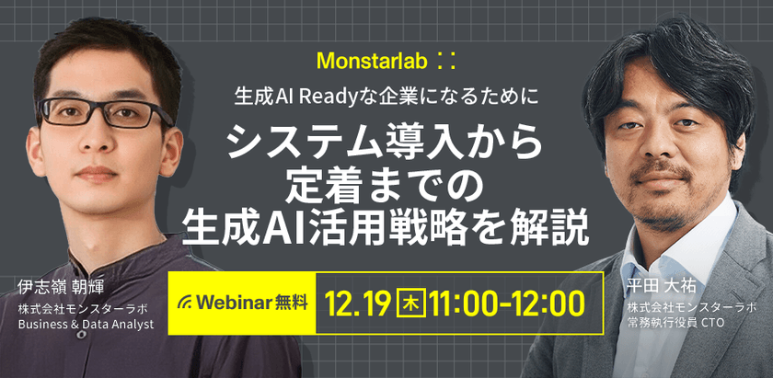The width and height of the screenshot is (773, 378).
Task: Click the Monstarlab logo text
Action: coord(375,61)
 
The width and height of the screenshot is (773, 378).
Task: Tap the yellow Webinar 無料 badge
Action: coord(241,303)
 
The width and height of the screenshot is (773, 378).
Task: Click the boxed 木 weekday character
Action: coord(410,304)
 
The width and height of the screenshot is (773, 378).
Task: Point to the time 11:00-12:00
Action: coord(506,304)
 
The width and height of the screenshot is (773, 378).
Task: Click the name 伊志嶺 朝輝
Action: coord(54,288)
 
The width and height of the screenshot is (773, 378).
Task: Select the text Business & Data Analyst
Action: coord(86,325)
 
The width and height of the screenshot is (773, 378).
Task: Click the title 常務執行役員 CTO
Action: coord(668,321)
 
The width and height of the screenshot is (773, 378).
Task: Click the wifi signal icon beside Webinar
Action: coord(186,302)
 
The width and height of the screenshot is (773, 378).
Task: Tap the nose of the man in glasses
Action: coord(97,141)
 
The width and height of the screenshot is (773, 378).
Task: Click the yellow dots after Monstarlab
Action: coord(446,61)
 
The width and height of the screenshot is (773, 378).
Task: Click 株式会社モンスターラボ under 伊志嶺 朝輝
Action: coord(82,310)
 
